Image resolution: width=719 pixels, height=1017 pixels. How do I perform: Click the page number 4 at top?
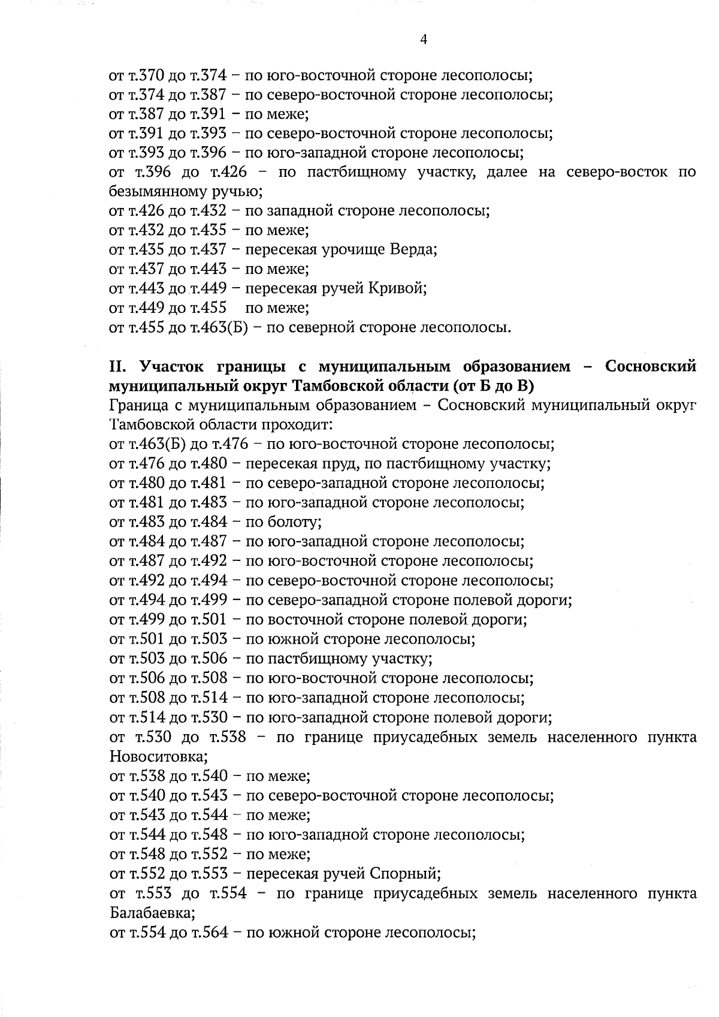click(x=424, y=40)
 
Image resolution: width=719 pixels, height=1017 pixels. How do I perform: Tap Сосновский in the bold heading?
click(x=651, y=366)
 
